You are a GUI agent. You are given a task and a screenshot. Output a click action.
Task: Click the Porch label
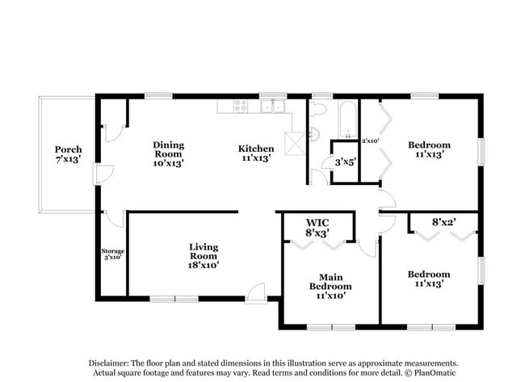[69, 155]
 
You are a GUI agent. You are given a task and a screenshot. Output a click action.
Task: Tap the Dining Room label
[169, 153]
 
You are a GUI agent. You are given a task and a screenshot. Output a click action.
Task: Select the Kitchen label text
[256, 153]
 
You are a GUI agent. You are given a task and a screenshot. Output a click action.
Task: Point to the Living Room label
[204, 255]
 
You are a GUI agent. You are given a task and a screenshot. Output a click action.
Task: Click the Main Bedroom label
[330, 286]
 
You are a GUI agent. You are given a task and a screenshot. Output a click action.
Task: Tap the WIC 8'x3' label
[317, 228]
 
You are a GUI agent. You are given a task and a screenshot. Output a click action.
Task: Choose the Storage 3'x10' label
[112, 254]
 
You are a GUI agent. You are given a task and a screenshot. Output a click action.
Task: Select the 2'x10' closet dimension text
[371, 141]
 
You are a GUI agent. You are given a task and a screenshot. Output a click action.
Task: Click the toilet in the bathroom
[317, 109]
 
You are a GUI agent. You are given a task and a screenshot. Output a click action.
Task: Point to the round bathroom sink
[314, 133]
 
